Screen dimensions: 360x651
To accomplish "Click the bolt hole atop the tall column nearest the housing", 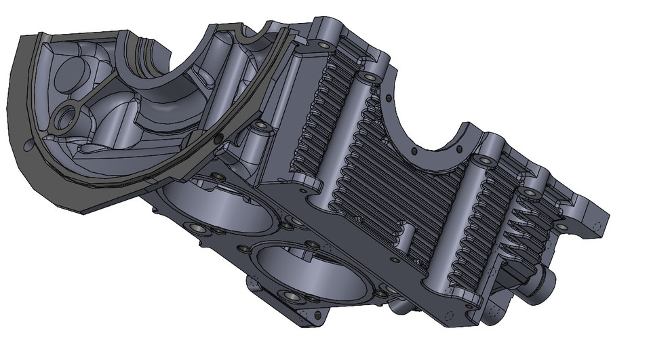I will (x=370, y=78).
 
